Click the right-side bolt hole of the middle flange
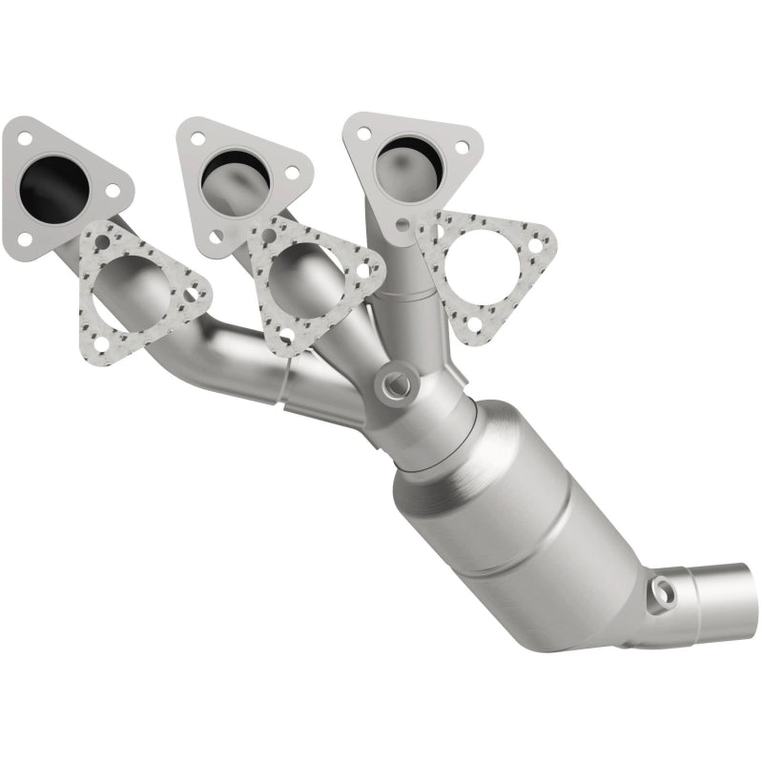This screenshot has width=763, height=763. pos(292,173)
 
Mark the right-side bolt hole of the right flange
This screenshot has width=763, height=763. pos(462,148)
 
